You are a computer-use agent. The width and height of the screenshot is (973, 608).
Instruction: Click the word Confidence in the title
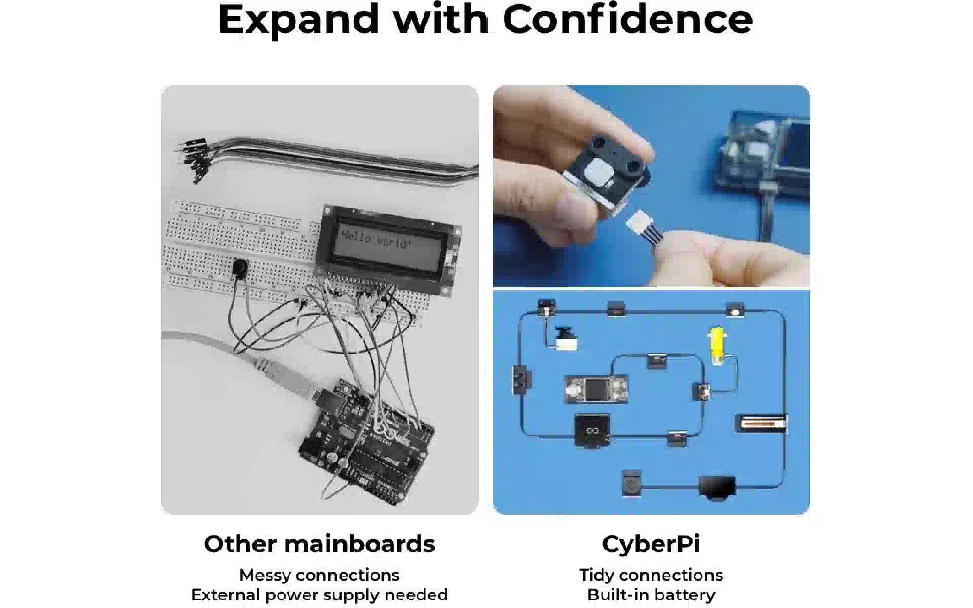click(627, 19)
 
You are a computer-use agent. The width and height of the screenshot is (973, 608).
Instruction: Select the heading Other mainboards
click(319, 544)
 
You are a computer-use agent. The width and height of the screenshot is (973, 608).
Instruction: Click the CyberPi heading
click(651, 544)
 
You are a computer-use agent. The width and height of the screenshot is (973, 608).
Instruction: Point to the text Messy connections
click(319, 575)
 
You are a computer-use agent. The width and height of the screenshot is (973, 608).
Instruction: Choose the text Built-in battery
click(651, 595)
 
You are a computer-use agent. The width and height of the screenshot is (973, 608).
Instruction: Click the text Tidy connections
click(651, 575)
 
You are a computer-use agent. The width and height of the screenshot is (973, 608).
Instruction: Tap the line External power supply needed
click(319, 595)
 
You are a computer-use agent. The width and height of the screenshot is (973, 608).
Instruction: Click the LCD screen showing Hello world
click(388, 248)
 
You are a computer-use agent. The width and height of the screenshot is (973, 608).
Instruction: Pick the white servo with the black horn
click(565, 339)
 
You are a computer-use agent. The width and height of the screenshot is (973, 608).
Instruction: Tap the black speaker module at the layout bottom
click(717, 487)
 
